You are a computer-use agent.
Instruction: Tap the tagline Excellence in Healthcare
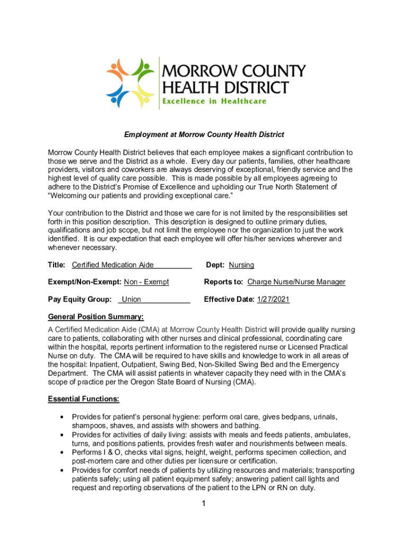click(x=214, y=101)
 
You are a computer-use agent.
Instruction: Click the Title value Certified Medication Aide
click(x=112, y=265)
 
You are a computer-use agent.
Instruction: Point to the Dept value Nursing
click(x=241, y=265)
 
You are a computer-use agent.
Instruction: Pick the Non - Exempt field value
click(x=146, y=282)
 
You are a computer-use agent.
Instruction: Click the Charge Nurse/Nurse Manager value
click(x=296, y=282)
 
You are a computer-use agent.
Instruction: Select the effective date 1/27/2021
click(x=273, y=300)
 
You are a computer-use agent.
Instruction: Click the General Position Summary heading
click(x=96, y=317)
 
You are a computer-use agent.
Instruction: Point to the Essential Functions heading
click(x=84, y=399)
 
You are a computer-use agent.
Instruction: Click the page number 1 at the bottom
click(x=203, y=503)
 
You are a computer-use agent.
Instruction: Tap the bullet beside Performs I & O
click(x=62, y=453)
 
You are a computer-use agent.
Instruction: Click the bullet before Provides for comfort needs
click(x=62, y=471)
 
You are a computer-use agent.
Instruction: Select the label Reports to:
click(x=224, y=282)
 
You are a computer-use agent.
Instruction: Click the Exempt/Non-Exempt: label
click(x=85, y=282)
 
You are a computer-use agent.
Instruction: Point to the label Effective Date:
click(x=229, y=300)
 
